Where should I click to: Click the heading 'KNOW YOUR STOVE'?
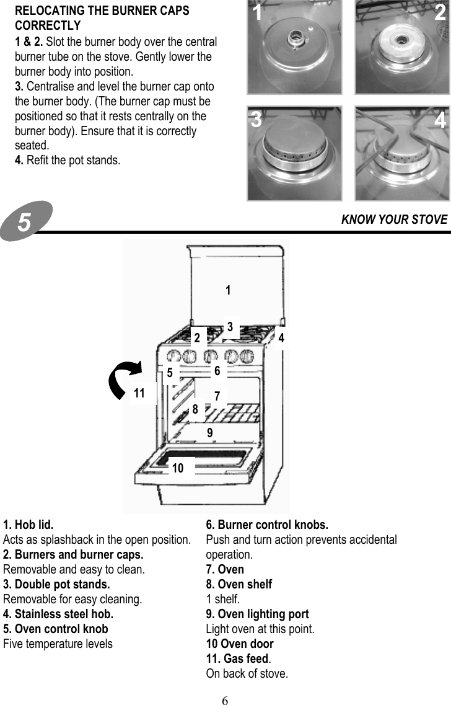(x=394, y=219)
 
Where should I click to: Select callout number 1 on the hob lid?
(x=228, y=290)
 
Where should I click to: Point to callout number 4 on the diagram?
(x=281, y=338)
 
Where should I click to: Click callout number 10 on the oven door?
(x=178, y=468)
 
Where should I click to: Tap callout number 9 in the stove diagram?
(x=210, y=433)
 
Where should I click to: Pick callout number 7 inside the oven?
(x=217, y=395)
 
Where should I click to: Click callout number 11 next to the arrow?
(x=139, y=393)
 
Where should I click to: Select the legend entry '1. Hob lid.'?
(x=28, y=525)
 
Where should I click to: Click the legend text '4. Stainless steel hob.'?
(x=58, y=614)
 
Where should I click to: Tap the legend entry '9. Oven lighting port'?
(x=257, y=614)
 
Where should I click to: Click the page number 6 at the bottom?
(x=225, y=701)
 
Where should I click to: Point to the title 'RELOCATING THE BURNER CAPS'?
(x=102, y=11)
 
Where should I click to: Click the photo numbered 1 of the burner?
(x=294, y=47)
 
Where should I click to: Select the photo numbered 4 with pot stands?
(x=402, y=153)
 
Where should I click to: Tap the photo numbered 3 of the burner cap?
(x=294, y=153)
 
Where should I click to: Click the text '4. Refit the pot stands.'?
(x=68, y=161)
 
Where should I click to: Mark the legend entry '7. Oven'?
(x=225, y=569)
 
